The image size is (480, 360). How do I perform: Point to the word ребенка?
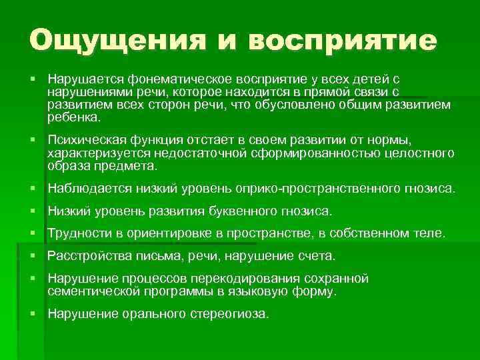pyautogui.click(x=73, y=117)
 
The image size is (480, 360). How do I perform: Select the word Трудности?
pyautogui.click(x=81, y=234)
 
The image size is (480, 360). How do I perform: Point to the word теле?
pyautogui.click(x=429, y=234)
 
